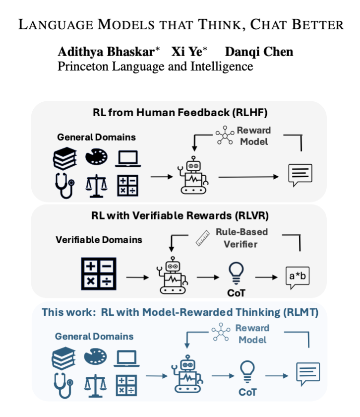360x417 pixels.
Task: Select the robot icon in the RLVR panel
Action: pos(171,277)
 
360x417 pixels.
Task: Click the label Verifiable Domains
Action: pos(99,240)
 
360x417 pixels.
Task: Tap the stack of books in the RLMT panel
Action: pos(63,358)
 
